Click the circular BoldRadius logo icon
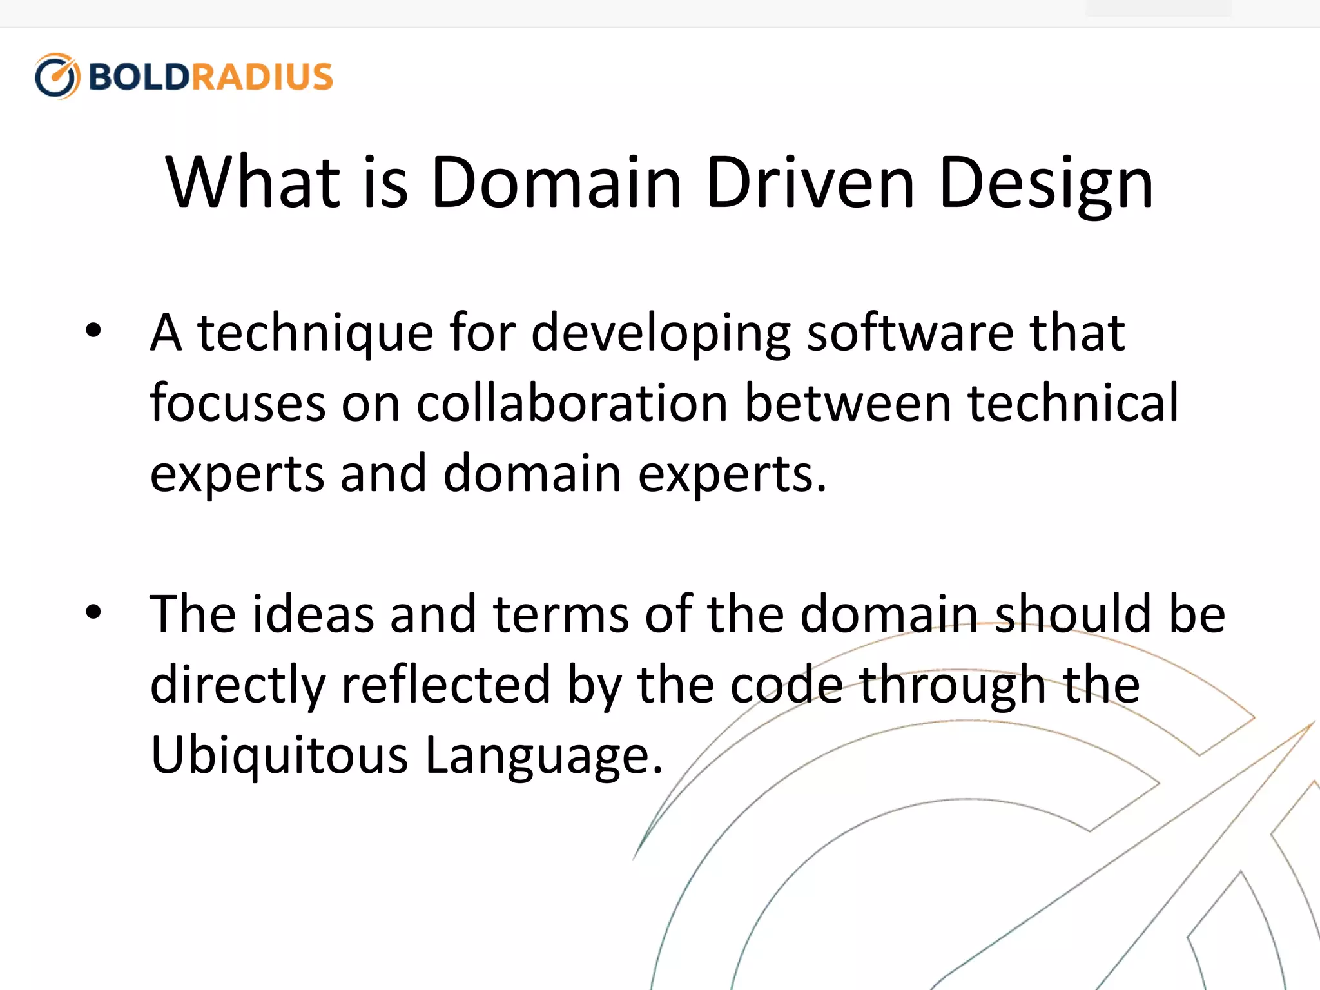(57, 76)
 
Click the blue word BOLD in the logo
(139, 77)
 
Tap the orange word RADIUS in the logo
(262, 77)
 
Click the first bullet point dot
(93, 331)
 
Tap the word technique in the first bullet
(315, 334)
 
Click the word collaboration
(572, 403)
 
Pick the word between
(848, 403)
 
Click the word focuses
(237, 403)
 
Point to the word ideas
(313, 614)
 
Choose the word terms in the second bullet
(561, 614)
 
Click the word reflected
(445, 684)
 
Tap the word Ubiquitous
(279, 755)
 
